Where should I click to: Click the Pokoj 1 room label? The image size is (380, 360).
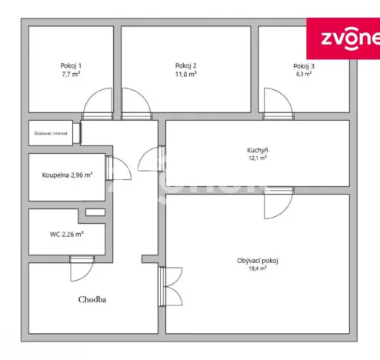pos(71,65)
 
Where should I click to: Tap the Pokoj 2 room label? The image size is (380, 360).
pos(186,65)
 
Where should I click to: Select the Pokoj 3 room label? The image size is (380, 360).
pos(304,66)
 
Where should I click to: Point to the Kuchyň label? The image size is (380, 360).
pos(258,150)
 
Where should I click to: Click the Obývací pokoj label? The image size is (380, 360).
pos(258,261)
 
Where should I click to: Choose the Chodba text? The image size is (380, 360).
pos(92,300)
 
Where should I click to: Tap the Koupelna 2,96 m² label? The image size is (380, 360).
pos(67,175)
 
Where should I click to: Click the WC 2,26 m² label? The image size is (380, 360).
pos(67,234)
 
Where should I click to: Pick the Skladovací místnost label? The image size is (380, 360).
pos(52,133)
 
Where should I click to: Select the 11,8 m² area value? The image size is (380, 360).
pos(186,75)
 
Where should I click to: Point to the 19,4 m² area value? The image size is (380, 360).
pos(258,269)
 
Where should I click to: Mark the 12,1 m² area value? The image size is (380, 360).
pos(258,158)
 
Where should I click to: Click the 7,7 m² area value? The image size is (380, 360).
pos(71,75)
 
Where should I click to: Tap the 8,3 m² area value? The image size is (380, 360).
pos(304,75)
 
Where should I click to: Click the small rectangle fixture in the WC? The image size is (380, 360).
pos(95,212)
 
